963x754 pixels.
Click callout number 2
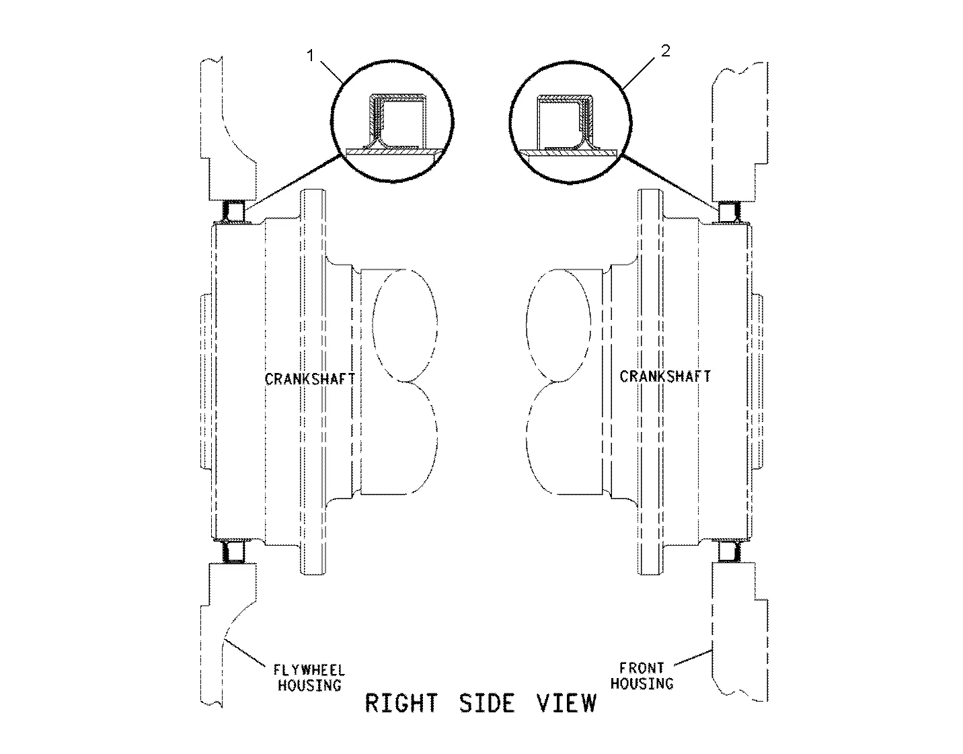click(665, 51)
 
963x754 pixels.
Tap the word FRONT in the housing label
click(642, 668)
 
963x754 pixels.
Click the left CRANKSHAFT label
click(309, 379)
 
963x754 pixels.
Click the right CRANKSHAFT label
click(664, 376)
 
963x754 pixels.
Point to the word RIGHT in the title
click(401, 703)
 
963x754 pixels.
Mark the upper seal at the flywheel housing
click(235, 211)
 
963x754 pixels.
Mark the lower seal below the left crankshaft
click(235, 552)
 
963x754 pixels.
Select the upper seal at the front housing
click(729, 211)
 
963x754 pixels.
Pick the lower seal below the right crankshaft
click(729, 552)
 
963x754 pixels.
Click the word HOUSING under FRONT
click(646, 683)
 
